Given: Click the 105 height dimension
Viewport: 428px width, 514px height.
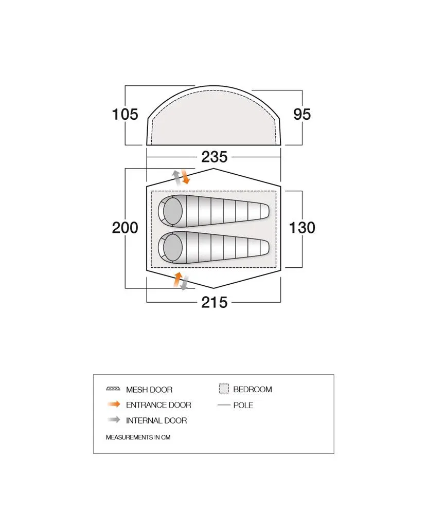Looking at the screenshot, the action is [x=125, y=115].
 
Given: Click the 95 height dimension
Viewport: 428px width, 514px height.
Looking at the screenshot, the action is [x=302, y=115].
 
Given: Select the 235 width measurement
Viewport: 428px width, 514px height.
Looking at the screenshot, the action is [x=214, y=157].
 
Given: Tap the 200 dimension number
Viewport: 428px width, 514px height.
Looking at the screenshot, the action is [x=125, y=228].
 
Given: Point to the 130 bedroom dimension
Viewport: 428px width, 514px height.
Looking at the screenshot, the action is [x=302, y=228].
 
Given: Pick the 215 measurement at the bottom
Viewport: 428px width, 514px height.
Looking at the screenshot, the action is [x=214, y=302].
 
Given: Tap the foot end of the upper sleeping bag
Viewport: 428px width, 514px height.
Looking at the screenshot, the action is [x=264, y=211].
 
